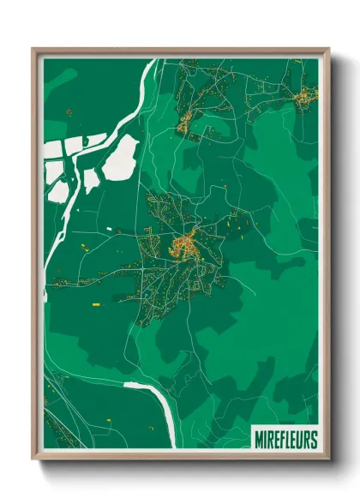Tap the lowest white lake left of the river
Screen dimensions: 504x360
(58, 190)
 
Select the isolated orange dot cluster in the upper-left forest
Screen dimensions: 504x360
(69, 111)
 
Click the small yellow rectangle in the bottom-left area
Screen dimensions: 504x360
(110, 419)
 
